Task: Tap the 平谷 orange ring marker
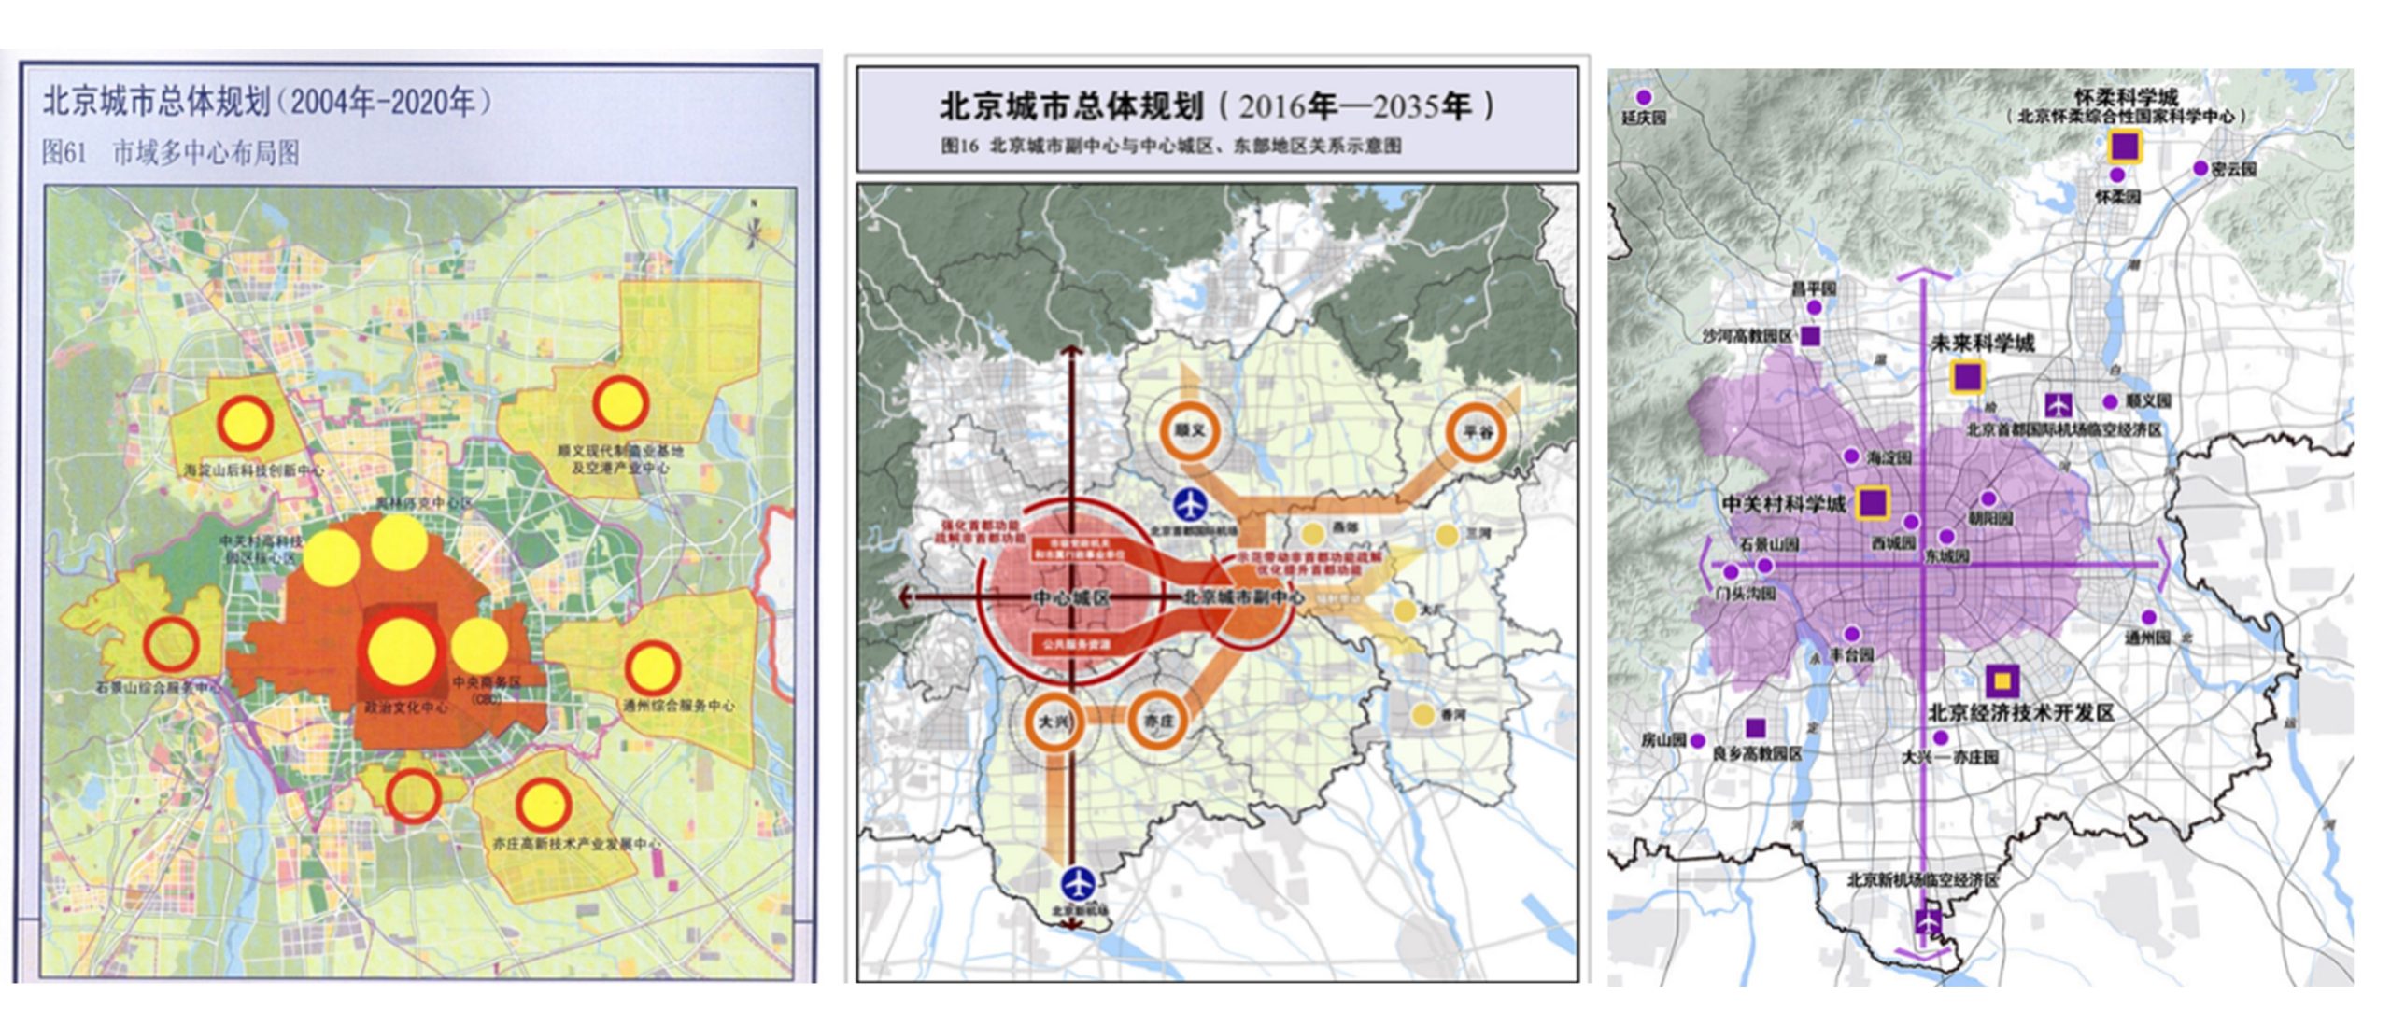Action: [x=1477, y=431]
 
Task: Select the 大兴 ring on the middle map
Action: [x=1054, y=722]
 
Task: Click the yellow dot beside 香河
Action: [x=1422, y=715]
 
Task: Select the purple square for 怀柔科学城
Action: [x=2126, y=147]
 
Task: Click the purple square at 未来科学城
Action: [x=1967, y=376]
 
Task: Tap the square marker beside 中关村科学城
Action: [x=1873, y=502]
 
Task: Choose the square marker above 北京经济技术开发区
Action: [x=2001, y=681]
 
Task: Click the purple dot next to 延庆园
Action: [x=1644, y=97]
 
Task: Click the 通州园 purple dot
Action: [x=2148, y=617]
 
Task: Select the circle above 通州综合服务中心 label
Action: [x=652, y=667]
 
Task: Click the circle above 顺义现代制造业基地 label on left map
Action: [x=619, y=402]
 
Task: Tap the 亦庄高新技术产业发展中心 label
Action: [x=576, y=844]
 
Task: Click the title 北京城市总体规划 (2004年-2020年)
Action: [x=266, y=101]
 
